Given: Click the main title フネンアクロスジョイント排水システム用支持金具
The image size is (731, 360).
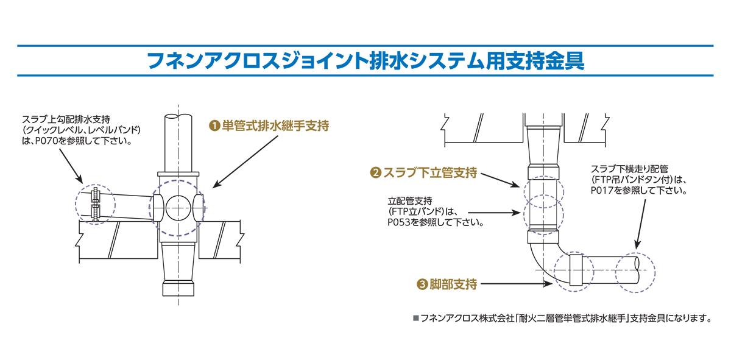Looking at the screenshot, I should click(x=365, y=61).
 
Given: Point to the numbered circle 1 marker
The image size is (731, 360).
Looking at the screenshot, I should click(x=214, y=127).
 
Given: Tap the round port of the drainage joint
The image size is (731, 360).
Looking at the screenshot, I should click(x=179, y=207).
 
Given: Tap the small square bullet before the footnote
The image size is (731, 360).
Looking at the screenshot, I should click(x=416, y=318).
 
